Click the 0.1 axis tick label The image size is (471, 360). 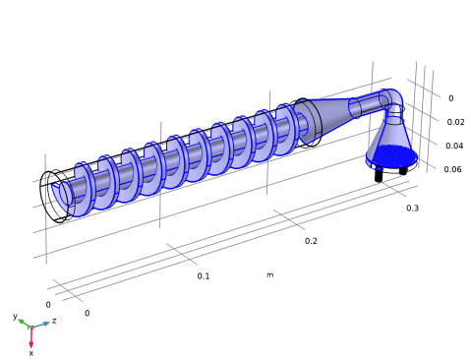coord(204,276)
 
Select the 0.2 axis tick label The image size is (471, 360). coord(311,241)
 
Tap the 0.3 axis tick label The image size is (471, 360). coord(412,209)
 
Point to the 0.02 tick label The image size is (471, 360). coord(455,122)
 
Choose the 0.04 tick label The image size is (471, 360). coord(454,146)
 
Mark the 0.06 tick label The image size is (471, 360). coord(452,169)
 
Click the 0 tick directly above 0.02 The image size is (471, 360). coord(451,98)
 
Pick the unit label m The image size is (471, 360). coord(269,274)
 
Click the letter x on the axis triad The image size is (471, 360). coord(31,353)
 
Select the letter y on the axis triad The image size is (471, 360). coord(15,316)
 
